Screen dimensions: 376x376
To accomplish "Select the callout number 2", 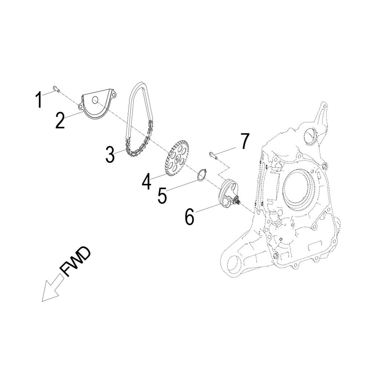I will (x=60, y=120).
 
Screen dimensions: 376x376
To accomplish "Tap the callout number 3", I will (x=110, y=155).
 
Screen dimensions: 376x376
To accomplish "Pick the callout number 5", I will (x=162, y=195).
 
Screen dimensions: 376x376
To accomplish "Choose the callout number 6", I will (x=189, y=217).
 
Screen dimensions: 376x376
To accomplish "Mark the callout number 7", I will (x=245, y=141).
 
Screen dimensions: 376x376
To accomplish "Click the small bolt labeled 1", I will (x=55, y=88).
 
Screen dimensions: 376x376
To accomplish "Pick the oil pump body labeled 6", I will (x=225, y=192).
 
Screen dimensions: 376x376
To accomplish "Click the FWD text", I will (x=75, y=261).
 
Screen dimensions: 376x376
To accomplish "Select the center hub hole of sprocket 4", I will (x=177, y=159).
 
